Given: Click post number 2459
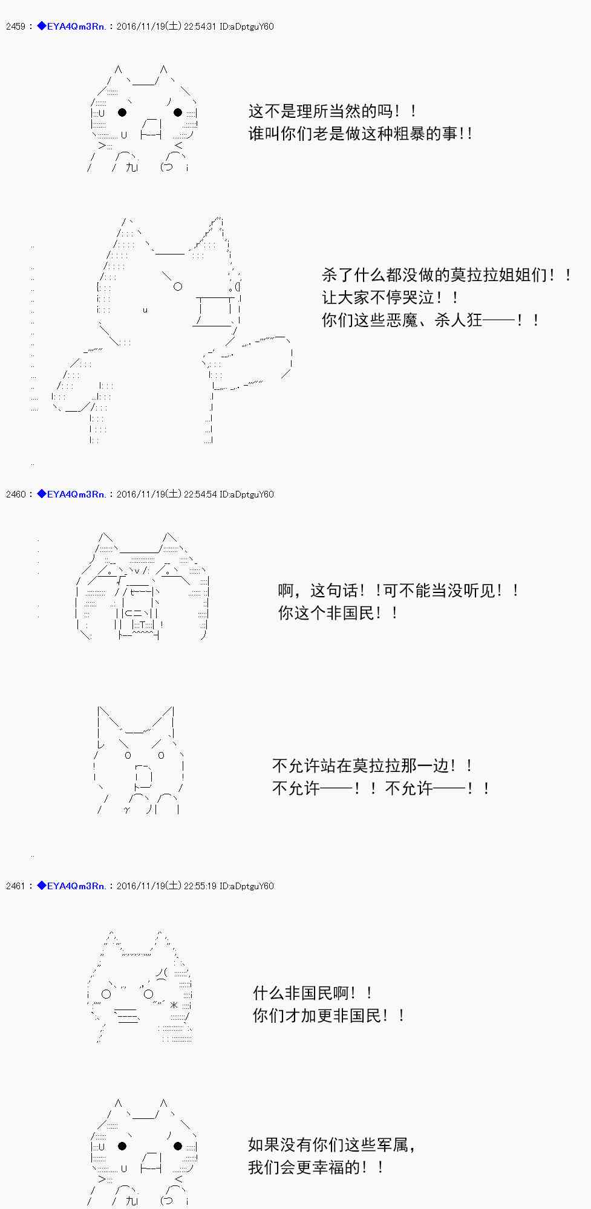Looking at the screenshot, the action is (15, 27).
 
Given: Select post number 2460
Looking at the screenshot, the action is (15, 494).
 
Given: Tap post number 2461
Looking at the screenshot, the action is (15, 886).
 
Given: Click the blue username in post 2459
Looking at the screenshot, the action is (71, 27).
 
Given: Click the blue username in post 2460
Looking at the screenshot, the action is (71, 494).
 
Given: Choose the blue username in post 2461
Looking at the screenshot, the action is (71, 886).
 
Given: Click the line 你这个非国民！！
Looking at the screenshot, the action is (339, 613).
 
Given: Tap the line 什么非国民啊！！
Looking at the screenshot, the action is (313, 993).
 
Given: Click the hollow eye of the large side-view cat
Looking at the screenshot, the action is (178, 287).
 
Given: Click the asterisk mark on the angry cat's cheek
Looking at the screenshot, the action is (174, 1005).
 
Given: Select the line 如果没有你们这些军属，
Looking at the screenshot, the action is (332, 1145).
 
